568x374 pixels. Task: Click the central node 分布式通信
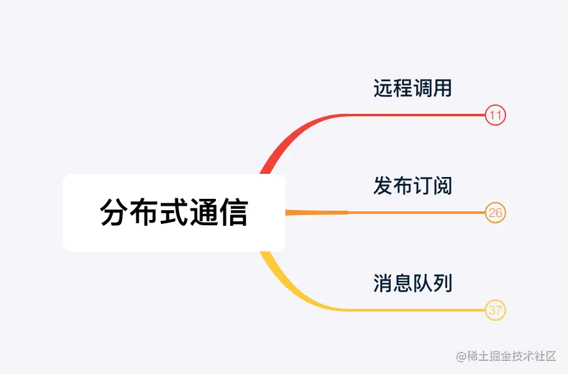coord(174,213)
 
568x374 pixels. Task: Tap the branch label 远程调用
coord(412,88)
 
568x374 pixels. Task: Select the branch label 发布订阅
coord(412,186)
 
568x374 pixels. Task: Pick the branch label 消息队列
coord(412,283)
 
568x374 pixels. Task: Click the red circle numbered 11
coord(495,116)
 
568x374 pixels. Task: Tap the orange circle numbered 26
coord(495,213)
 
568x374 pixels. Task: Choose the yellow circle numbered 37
coord(495,310)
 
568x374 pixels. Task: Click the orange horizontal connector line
coord(413,213)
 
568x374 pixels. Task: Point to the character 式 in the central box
coord(174,213)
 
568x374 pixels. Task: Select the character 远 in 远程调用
coord(383,88)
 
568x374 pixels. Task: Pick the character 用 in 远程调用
coord(442,88)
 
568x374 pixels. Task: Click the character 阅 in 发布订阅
coord(442,186)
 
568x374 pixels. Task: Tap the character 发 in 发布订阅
coord(383,186)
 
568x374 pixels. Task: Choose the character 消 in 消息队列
coord(383,283)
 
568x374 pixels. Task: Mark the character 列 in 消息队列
coord(442,283)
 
